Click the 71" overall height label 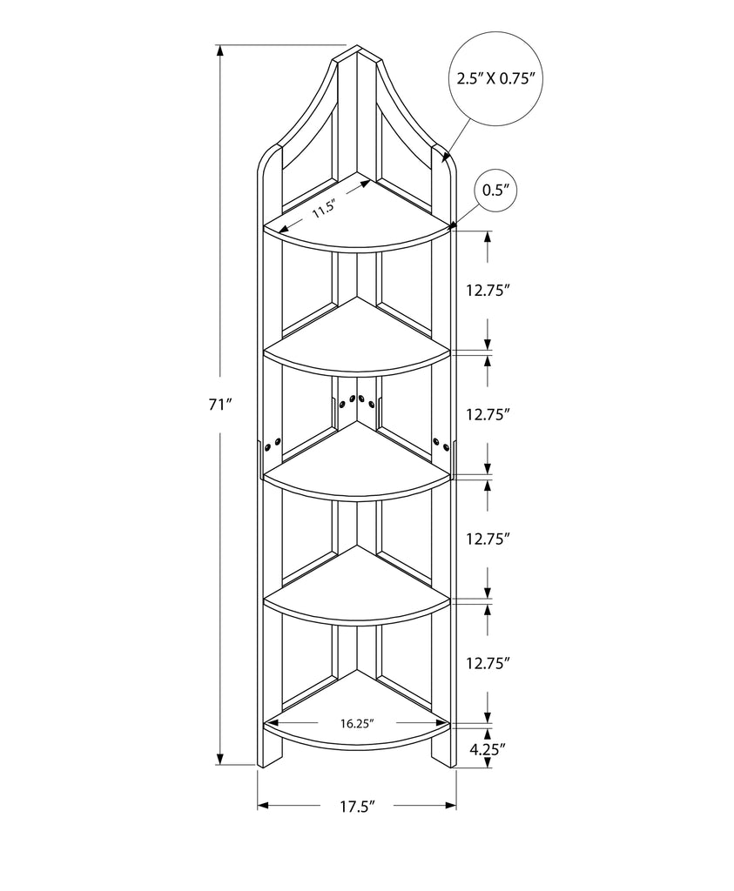[x=221, y=405]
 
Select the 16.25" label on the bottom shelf [x=357, y=723]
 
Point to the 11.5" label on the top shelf [x=324, y=209]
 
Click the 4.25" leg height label [x=488, y=749]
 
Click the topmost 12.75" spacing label [x=487, y=291]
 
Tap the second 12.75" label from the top [x=487, y=415]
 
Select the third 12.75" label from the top [x=487, y=539]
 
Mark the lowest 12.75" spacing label [x=487, y=663]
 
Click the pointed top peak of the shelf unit [x=357, y=45]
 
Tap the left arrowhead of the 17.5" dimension [x=263, y=805]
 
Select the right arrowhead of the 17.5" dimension [x=451, y=805]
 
